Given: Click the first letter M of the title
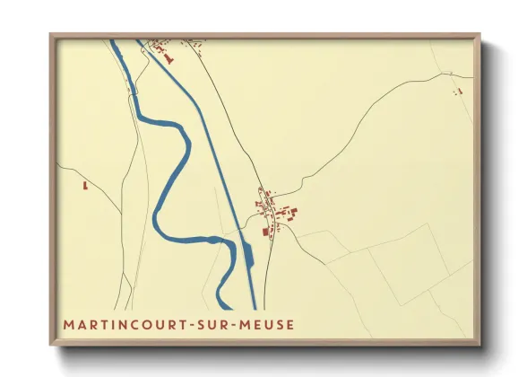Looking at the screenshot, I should click(x=68, y=323).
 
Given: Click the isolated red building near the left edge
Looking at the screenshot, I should click(x=85, y=186).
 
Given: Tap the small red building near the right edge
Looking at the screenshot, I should click(x=459, y=91).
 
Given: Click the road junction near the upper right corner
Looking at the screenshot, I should click(x=448, y=75).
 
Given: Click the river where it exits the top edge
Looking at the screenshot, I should click(x=114, y=42).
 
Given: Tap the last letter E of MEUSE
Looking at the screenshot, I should click(x=289, y=323).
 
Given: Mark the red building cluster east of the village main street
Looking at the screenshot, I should click(x=289, y=214).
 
